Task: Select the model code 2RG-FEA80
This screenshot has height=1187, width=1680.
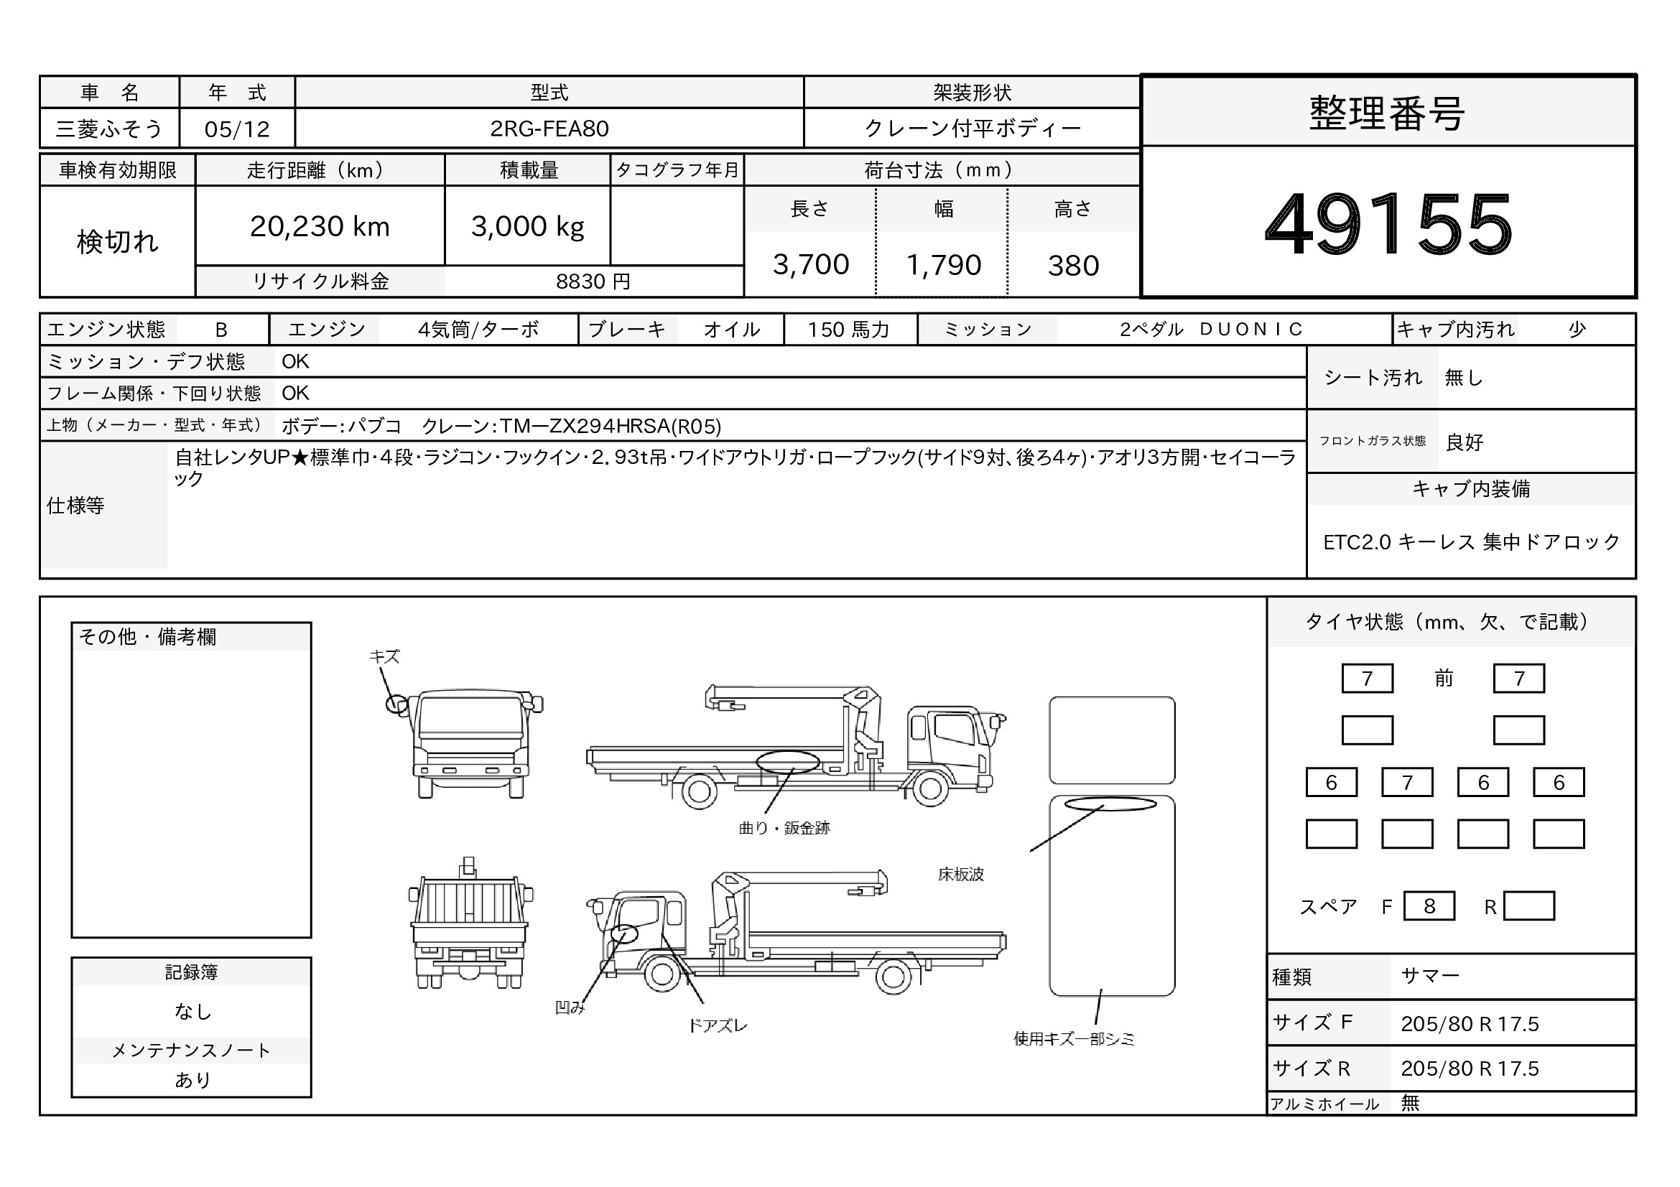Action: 549,129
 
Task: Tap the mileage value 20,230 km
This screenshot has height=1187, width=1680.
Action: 320,227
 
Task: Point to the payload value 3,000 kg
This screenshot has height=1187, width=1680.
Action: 528,227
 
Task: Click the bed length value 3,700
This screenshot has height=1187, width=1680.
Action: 811,265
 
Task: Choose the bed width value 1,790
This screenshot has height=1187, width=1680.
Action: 944,265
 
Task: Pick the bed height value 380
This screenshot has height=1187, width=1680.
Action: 1073,266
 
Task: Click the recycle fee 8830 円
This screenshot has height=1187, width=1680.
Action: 593,281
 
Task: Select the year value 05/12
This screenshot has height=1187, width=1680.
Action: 237,129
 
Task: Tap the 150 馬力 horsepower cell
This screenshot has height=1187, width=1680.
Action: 849,330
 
